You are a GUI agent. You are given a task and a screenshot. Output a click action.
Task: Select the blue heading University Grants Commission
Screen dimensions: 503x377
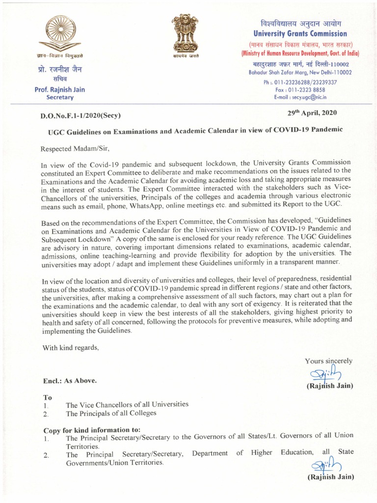[300, 34]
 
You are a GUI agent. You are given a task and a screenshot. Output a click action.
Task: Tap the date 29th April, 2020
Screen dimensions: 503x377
[312, 113]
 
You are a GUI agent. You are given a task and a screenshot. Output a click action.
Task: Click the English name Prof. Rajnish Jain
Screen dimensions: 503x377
[60, 89]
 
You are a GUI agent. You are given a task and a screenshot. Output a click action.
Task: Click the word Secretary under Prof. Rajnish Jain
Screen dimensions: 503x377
[60, 98]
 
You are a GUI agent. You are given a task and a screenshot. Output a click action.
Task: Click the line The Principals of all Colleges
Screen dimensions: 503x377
[111, 413]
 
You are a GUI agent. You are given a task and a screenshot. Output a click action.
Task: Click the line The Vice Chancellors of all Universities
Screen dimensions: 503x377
[127, 405]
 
